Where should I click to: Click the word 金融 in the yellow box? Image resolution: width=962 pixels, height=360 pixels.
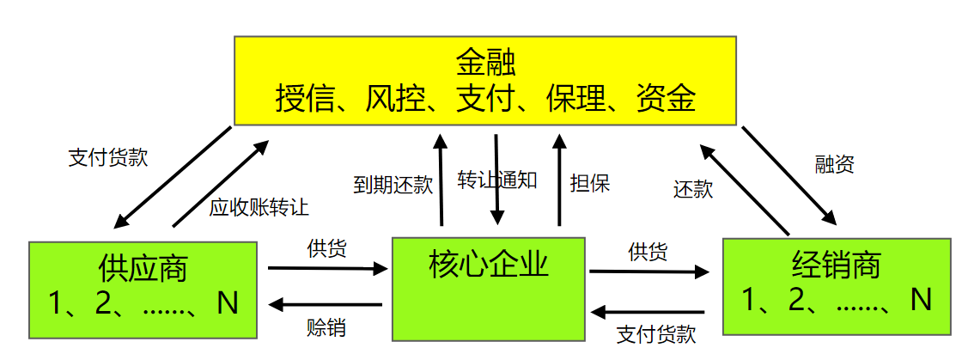click(x=485, y=64)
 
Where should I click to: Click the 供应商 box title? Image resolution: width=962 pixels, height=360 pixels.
click(x=143, y=268)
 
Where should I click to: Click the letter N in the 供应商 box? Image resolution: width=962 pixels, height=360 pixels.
click(x=228, y=302)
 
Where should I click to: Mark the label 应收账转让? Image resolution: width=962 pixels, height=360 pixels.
click(x=259, y=207)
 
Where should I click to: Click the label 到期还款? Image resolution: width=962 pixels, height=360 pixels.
click(x=393, y=185)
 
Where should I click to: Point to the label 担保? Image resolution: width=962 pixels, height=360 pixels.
click(x=590, y=183)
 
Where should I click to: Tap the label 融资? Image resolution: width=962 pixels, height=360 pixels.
click(x=834, y=165)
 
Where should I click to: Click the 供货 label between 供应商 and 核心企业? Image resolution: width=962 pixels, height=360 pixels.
click(x=327, y=249)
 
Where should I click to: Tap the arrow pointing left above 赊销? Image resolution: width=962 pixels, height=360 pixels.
click(x=326, y=304)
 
